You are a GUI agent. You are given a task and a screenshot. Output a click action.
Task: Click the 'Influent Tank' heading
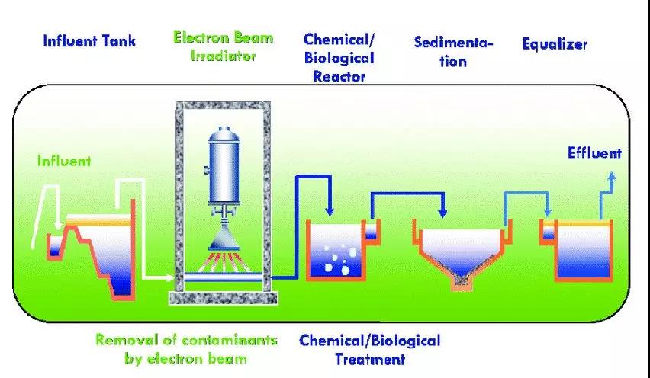pyautogui.click(x=89, y=40)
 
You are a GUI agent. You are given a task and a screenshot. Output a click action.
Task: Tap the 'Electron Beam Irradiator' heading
pyautogui.click(x=222, y=46)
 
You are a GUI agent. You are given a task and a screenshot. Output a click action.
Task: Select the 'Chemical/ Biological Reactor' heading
pyautogui.click(x=339, y=57)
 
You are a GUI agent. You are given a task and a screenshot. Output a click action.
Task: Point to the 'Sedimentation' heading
pyautogui.click(x=453, y=51)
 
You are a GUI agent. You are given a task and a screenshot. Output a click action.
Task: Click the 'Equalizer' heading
pyautogui.click(x=555, y=43)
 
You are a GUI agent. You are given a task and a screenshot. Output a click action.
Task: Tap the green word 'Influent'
pyautogui.click(x=65, y=161)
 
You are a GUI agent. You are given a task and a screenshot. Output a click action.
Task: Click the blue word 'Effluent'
pyautogui.click(x=594, y=153)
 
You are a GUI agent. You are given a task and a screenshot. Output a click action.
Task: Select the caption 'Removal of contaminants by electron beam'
pyautogui.click(x=186, y=348)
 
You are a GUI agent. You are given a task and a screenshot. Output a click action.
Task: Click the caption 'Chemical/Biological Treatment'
pyautogui.click(x=370, y=348)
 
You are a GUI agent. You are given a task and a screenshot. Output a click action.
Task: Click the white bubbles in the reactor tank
pyautogui.click(x=336, y=260)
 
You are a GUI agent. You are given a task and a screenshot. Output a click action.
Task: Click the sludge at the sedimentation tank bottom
pyautogui.click(x=460, y=280)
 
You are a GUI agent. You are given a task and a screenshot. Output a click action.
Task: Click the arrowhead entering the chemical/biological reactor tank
pyautogui.click(x=330, y=210)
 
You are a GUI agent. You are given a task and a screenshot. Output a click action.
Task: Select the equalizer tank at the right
pyautogui.click(x=584, y=251)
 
